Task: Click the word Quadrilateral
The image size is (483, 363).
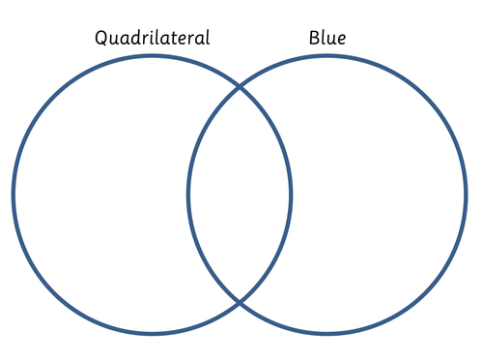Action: tap(152, 39)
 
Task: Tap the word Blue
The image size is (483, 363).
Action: tap(327, 39)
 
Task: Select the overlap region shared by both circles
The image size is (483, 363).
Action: tap(240, 195)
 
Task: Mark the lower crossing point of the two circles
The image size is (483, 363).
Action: tap(240, 302)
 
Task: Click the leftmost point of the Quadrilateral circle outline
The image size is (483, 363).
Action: tap(14, 195)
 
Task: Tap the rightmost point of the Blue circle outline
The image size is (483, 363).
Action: tap(466, 195)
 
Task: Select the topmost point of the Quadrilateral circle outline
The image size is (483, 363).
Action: tap(153, 56)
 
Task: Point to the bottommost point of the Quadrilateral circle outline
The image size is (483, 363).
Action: tap(153, 334)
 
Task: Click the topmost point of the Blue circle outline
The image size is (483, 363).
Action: tap(327, 56)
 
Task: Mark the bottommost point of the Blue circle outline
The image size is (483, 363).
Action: tap(327, 334)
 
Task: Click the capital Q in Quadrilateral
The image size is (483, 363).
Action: tap(101, 39)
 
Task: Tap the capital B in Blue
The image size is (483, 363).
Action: tap(314, 39)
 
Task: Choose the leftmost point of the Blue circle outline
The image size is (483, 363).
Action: tap(188, 195)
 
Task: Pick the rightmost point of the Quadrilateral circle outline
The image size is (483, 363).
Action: tap(291, 195)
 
